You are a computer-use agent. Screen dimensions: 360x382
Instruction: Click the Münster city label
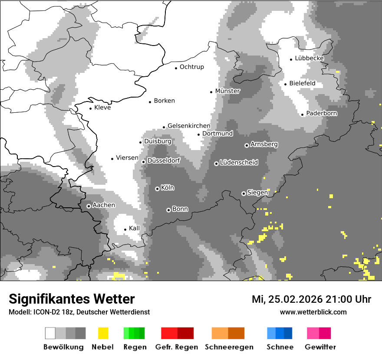(227, 91)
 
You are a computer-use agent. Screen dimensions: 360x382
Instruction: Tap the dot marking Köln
(157, 189)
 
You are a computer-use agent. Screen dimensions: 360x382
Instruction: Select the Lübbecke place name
(309, 58)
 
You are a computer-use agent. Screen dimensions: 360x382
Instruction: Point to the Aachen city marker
(89, 206)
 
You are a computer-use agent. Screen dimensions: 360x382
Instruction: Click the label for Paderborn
(322, 113)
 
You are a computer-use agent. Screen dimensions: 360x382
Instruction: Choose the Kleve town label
(102, 108)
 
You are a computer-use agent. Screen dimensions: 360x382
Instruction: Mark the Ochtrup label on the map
(191, 67)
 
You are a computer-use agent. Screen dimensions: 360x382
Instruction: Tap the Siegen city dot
(244, 193)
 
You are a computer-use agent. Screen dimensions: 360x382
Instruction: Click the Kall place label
(135, 228)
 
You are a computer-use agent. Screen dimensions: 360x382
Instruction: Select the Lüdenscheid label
(239, 163)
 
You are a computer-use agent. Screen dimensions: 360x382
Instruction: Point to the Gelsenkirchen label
(189, 126)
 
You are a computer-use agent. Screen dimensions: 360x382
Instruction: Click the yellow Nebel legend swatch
(103, 333)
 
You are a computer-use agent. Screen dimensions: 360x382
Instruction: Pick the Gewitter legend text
(320, 347)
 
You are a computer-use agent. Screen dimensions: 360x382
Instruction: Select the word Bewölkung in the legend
(63, 347)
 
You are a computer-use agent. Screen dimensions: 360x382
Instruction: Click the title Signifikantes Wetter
(72, 299)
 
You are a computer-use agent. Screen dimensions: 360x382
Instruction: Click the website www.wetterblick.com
(313, 312)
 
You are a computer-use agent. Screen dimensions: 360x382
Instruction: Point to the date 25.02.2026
(295, 299)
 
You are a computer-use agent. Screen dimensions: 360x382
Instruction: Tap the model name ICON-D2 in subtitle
(44, 312)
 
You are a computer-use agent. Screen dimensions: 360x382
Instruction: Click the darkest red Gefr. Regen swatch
(185, 333)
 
